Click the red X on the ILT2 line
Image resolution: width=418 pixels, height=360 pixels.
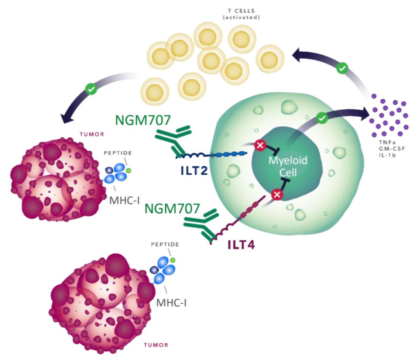click(260, 145)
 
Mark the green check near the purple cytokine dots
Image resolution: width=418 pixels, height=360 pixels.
click(343, 68)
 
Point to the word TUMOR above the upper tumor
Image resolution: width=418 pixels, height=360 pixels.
click(92, 134)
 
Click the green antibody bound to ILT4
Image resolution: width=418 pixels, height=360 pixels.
click(200, 225)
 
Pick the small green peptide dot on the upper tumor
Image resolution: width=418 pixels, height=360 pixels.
click(128, 171)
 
